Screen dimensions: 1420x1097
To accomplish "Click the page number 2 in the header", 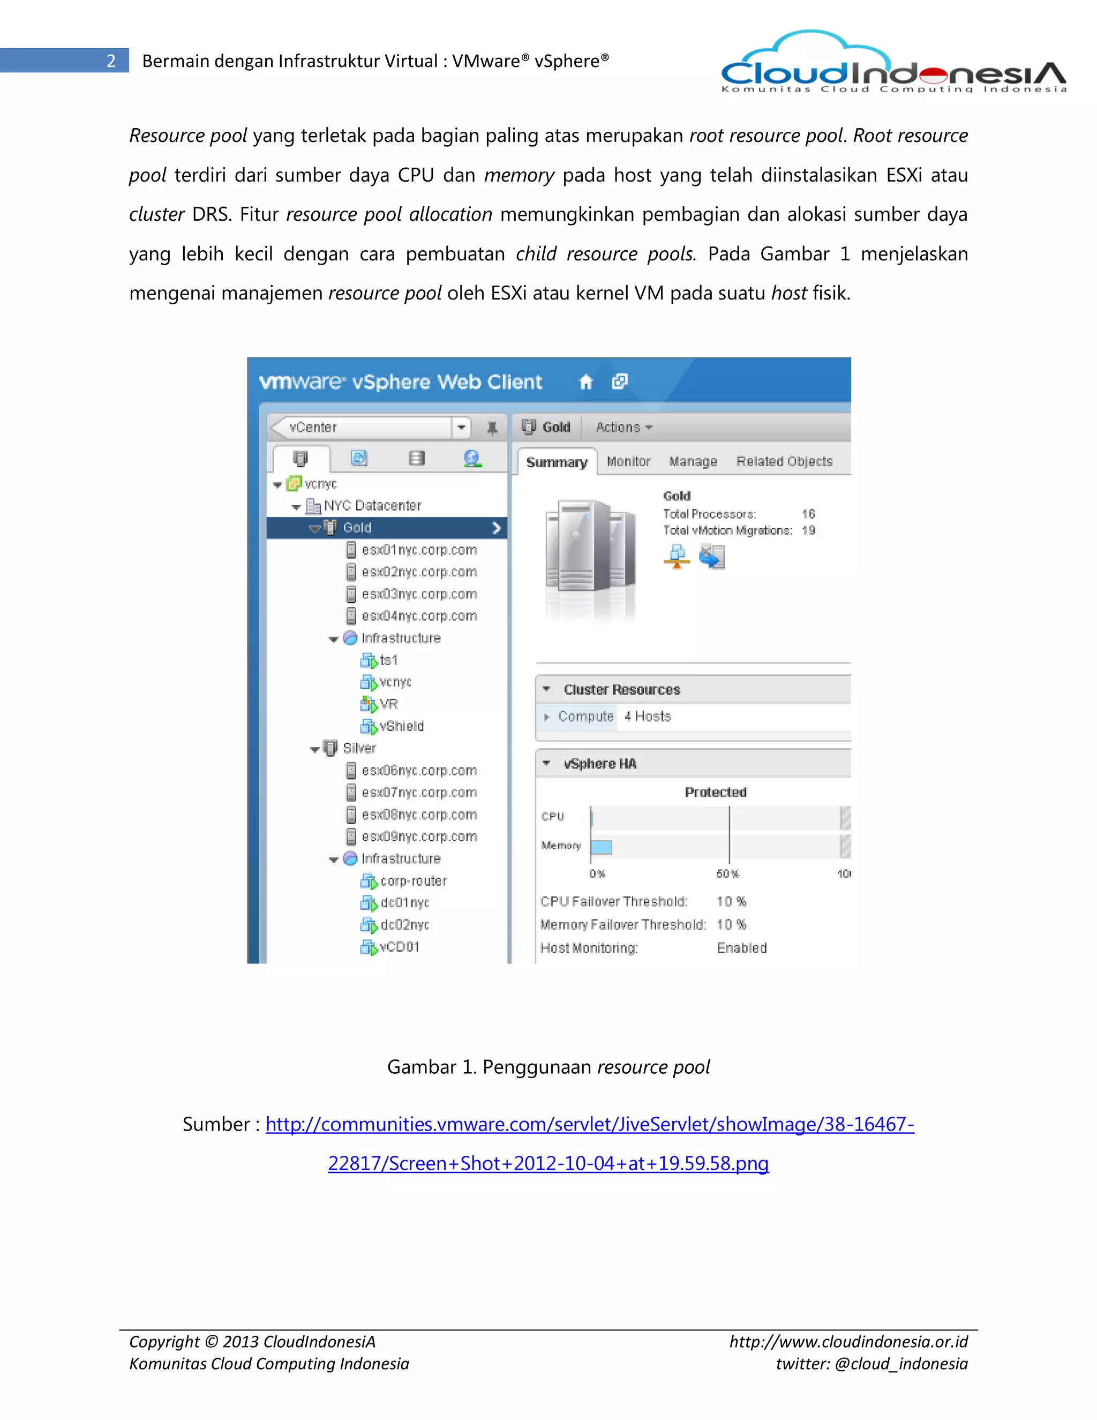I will [x=111, y=61].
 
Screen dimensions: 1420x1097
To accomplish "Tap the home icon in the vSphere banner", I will [x=585, y=382].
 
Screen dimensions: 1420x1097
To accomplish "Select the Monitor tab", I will [x=628, y=461].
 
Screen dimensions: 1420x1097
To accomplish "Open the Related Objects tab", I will [x=784, y=461].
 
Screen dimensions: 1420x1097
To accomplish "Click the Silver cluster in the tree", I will [x=359, y=749].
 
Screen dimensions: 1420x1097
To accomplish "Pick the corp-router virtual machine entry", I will [x=414, y=881].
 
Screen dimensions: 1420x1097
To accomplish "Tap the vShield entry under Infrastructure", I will [x=401, y=726].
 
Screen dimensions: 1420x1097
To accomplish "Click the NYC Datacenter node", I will [x=372, y=506].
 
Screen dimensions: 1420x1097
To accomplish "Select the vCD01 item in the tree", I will [x=399, y=947].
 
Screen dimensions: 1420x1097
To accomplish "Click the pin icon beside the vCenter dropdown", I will [x=492, y=428].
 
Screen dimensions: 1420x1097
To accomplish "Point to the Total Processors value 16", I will [x=808, y=514].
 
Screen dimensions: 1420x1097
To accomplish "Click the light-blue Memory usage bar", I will [x=601, y=847].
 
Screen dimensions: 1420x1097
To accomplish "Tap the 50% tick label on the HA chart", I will [x=727, y=874].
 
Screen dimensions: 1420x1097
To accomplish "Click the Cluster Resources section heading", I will [x=621, y=690].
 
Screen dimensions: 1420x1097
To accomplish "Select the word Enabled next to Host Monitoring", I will [x=741, y=948].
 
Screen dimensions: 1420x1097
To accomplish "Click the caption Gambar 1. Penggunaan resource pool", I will [x=548, y=1067].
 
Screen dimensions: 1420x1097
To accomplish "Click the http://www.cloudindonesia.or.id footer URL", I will [x=848, y=1341].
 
